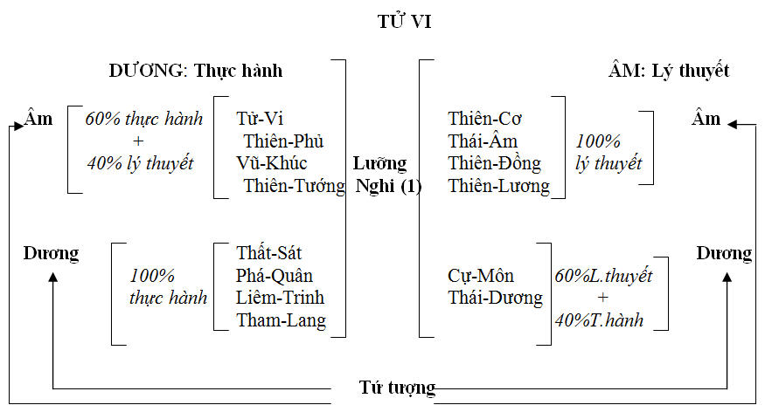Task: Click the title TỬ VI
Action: [x=404, y=23]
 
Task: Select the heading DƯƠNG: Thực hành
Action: [x=196, y=71]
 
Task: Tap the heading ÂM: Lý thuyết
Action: [x=668, y=71]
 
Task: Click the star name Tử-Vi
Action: [x=260, y=119]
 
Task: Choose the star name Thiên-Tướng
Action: [x=294, y=185]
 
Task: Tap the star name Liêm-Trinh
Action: [x=280, y=298]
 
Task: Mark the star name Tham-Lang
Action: [x=281, y=320]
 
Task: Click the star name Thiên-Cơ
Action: [x=485, y=119]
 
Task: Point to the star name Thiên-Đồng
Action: [x=495, y=163]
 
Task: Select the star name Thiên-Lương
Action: [x=499, y=185]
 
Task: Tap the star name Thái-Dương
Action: [x=495, y=298]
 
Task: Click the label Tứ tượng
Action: [x=398, y=387]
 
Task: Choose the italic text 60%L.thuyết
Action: [x=603, y=276]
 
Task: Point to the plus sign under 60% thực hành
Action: [x=138, y=141]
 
